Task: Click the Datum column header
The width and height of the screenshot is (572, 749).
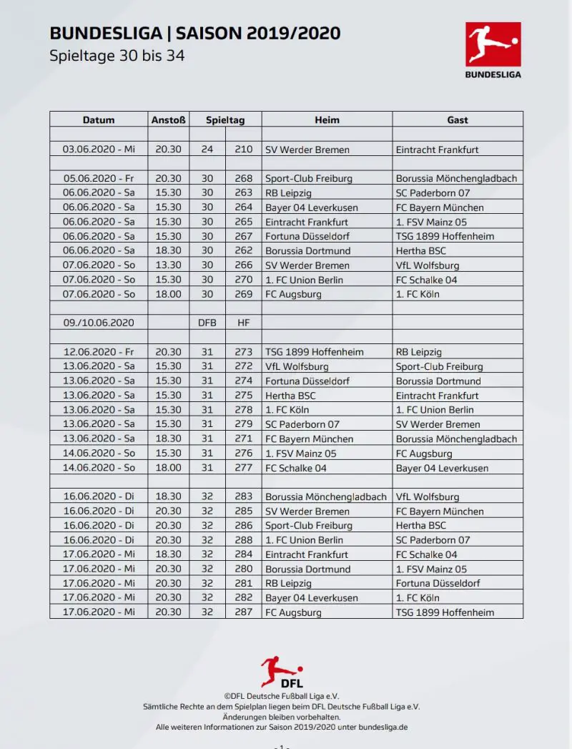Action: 99,119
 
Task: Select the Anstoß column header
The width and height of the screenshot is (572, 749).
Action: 168,119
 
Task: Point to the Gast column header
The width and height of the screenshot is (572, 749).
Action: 458,119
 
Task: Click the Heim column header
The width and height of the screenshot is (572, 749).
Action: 327,119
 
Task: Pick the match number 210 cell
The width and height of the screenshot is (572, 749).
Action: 244,150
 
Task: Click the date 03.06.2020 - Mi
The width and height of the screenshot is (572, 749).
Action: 99,150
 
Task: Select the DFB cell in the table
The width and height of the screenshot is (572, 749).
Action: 207,323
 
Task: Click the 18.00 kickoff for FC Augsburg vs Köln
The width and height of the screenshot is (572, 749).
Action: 168,294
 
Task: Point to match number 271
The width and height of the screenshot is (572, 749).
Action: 244,439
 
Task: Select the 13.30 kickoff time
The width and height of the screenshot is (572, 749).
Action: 168,265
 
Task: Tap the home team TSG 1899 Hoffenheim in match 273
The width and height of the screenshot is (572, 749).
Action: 314,352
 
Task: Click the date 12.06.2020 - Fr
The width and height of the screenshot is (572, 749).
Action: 99,352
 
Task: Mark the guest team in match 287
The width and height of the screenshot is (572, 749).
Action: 445,612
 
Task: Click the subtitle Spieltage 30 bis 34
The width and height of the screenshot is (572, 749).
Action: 117,56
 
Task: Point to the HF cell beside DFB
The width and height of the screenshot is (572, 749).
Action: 244,323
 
